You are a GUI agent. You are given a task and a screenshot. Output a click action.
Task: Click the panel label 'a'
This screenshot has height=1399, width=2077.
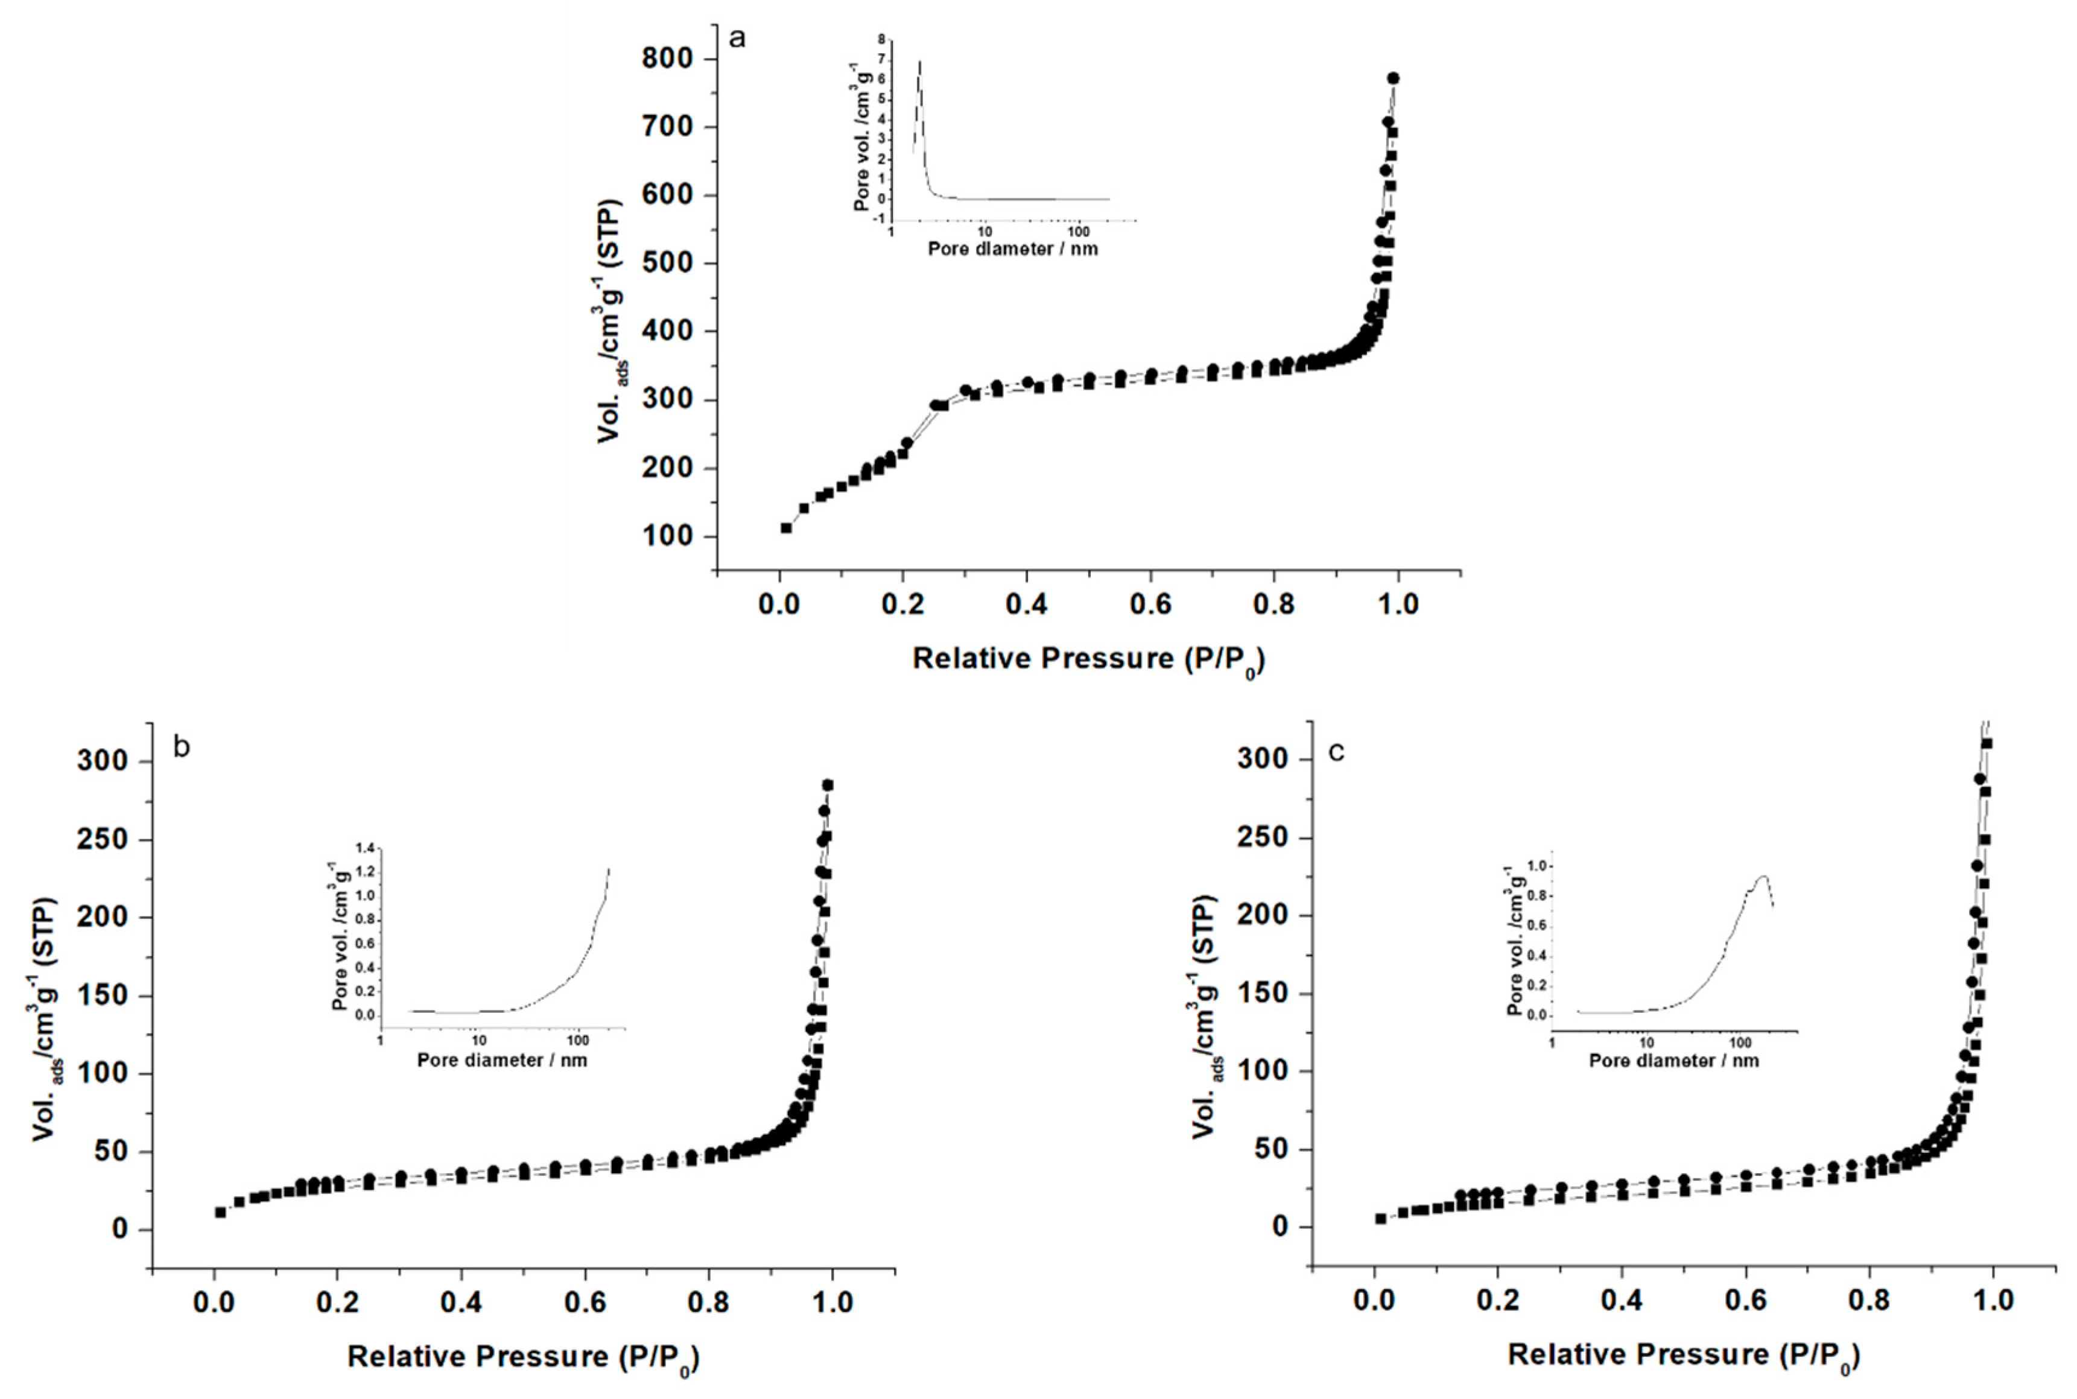(x=737, y=39)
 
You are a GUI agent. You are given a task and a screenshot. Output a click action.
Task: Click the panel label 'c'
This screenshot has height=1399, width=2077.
(x=1336, y=752)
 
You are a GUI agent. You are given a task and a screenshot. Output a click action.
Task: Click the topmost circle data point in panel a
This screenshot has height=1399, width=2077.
(x=1393, y=78)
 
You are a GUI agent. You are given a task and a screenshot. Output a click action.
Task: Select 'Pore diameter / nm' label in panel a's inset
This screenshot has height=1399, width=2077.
(x=1013, y=249)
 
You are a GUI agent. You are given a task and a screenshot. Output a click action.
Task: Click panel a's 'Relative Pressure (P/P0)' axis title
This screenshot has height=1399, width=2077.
(x=1088, y=659)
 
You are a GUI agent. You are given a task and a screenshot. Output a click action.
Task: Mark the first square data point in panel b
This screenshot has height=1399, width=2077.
(x=220, y=1211)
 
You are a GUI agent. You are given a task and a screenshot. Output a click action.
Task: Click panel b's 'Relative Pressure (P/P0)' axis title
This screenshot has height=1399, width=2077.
(x=523, y=1357)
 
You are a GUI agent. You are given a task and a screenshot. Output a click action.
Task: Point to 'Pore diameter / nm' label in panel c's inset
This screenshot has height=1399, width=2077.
(x=1674, y=1061)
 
